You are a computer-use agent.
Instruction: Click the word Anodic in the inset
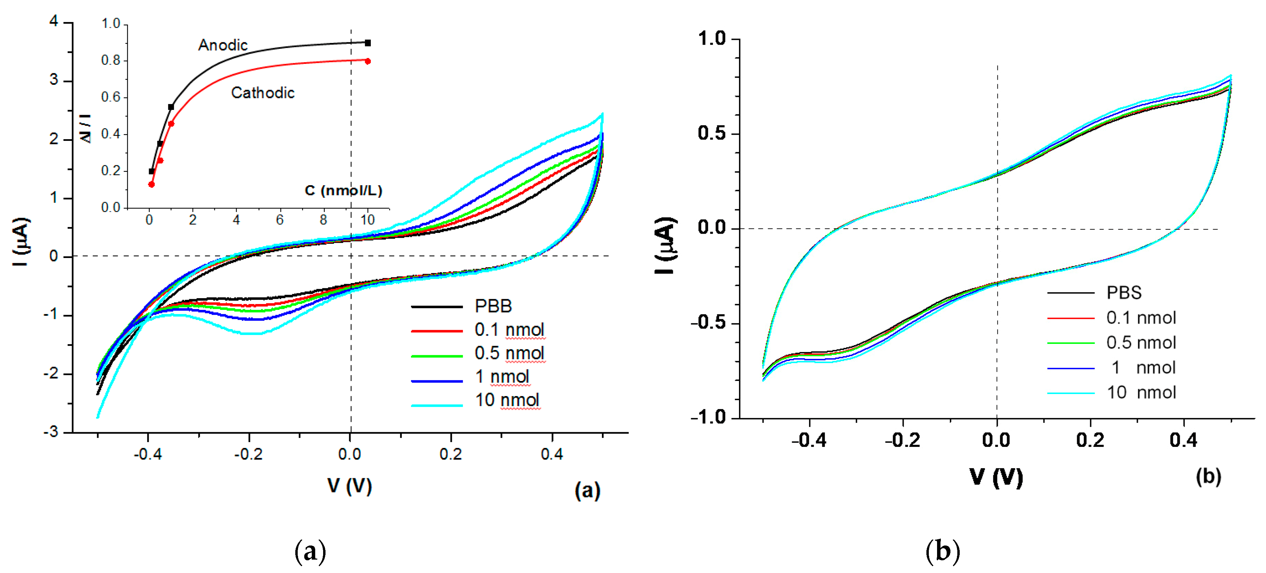(223, 45)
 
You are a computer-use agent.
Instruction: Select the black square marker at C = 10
(368, 43)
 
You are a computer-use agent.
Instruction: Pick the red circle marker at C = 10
(368, 61)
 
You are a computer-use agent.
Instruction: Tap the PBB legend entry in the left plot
(493, 306)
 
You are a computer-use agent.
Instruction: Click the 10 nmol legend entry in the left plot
(507, 400)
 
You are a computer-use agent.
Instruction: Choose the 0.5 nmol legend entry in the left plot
(509, 353)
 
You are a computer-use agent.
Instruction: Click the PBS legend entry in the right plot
(1124, 293)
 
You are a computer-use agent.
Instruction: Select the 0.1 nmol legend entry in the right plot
(1141, 318)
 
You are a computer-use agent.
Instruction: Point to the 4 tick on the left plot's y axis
(54, 21)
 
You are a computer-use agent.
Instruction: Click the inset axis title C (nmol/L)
(343, 191)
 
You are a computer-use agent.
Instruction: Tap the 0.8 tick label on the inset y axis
(111, 60)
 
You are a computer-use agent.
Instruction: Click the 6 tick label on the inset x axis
(280, 220)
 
